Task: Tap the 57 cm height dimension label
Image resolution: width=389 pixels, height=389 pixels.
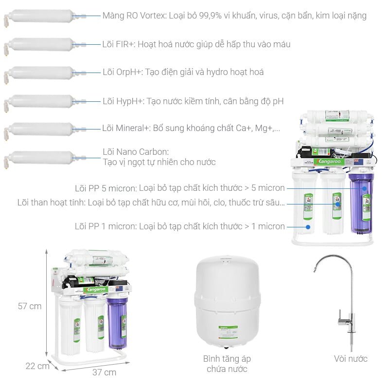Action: pos(30,306)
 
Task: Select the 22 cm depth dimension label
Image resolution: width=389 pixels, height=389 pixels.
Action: pos(37,366)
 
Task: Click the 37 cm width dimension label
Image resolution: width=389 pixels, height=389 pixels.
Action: pos(104,372)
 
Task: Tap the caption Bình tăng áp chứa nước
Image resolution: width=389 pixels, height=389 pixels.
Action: pos(227,364)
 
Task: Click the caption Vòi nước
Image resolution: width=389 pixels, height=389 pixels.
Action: pos(351,359)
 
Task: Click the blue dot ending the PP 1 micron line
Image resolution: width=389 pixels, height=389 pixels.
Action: pos(307,226)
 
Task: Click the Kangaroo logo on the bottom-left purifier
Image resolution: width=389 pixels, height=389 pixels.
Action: pos(94,290)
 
